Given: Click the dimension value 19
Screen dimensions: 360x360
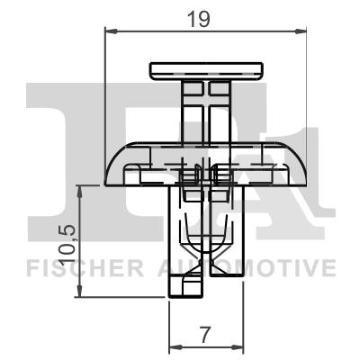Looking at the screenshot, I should [x=207, y=18].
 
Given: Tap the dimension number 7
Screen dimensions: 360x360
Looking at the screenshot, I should [x=206, y=335].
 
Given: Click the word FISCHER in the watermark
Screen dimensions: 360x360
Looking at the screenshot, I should [x=80, y=268].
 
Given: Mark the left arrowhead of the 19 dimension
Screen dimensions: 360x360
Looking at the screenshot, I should [x=112, y=31].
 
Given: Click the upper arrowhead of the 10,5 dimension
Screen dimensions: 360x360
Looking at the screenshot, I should [x=81, y=190].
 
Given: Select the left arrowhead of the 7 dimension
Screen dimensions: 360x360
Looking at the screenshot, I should [x=175, y=346].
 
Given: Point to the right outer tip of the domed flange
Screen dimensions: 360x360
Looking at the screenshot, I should [x=306, y=180].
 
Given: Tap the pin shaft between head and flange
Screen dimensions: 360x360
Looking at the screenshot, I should [x=207, y=112].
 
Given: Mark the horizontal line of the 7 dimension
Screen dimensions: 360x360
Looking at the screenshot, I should [x=206, y=346].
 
